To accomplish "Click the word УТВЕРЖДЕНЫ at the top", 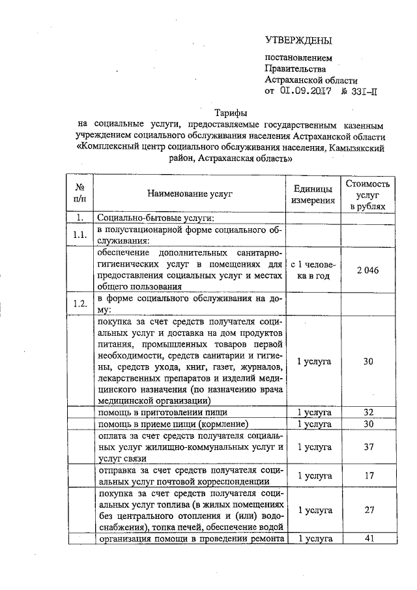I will (298, 40).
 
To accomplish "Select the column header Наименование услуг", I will (190, 194).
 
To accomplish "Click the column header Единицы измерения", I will (313, 194).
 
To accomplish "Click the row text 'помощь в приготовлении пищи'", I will (162, 413).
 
